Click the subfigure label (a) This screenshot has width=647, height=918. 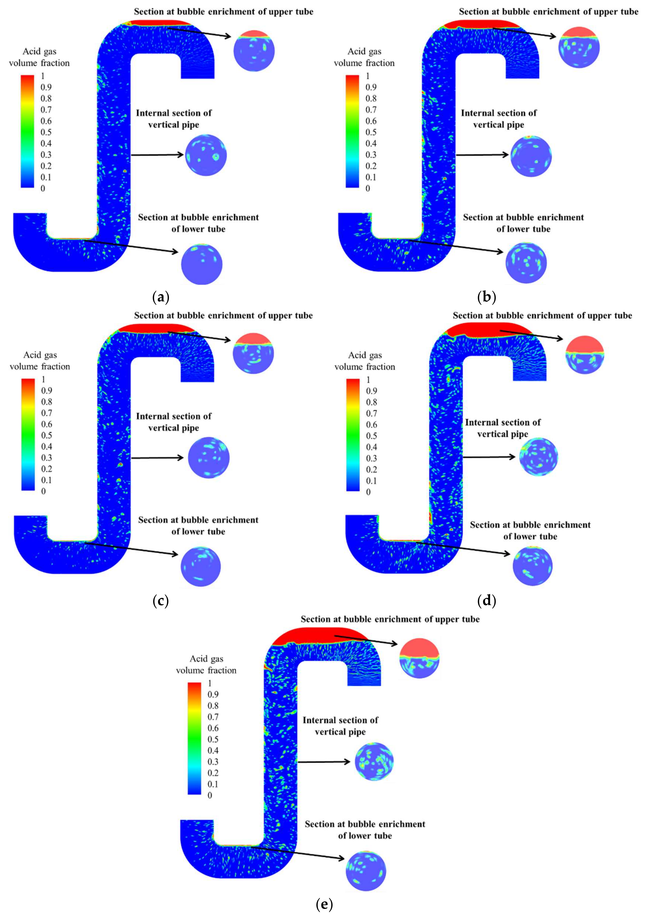tap(161, 297)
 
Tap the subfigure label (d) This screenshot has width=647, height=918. tap(486, 601)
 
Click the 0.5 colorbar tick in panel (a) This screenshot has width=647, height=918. tap(46, 132)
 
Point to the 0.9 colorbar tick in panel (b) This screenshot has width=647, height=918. tap(371, 87)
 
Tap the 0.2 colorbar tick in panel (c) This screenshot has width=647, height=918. tap(46, 469)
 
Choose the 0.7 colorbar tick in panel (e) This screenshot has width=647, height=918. tap(213, 717)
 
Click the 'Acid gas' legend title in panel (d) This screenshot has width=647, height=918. tap(365, 355)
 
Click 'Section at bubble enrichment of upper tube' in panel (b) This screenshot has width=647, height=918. tap(548, 12)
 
